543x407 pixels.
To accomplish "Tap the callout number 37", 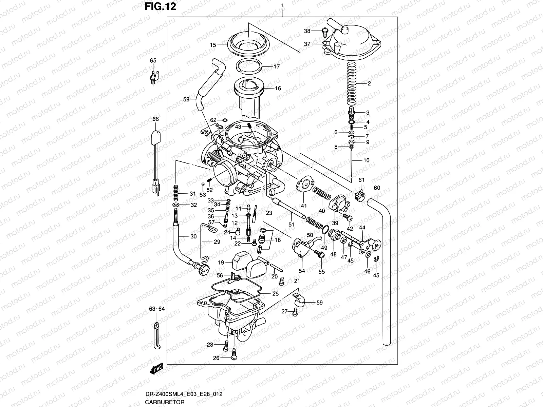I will (x=307, y=44).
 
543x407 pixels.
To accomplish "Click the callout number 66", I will (x=155, y=119).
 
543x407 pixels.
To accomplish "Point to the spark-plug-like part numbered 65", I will (x=153, y=77).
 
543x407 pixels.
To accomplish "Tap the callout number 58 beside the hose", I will (x=186, y=99).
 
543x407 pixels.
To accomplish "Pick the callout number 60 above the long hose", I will (x=377, y=188).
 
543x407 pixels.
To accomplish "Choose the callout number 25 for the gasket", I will (x=275, y=294).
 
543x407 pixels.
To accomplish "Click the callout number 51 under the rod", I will (x=291, y=224).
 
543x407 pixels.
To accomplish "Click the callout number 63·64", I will (x=156, y=309).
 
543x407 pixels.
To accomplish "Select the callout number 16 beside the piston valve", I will (x=278, y=89).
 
